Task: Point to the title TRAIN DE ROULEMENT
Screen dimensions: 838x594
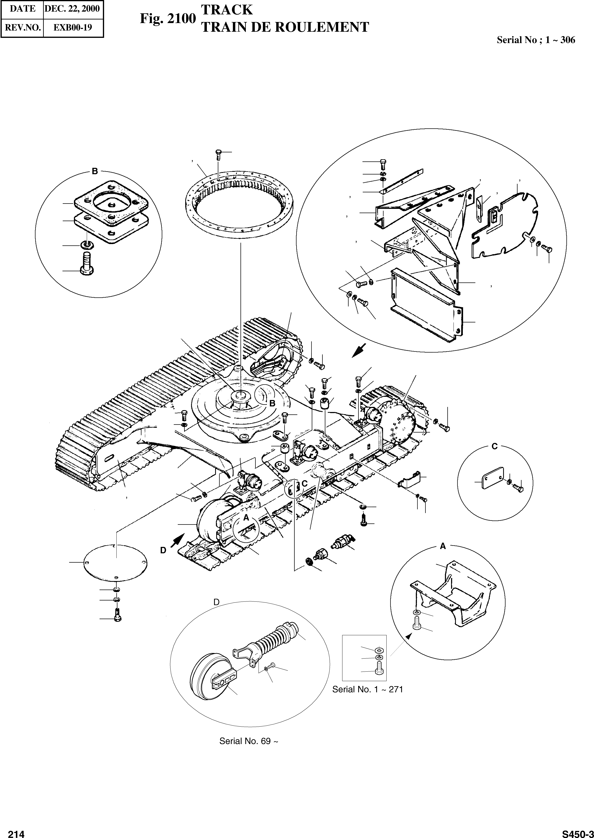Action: [285, 27]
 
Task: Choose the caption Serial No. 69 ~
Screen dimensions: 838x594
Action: [249, 741]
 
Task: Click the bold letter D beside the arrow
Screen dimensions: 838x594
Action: [163, 550]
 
